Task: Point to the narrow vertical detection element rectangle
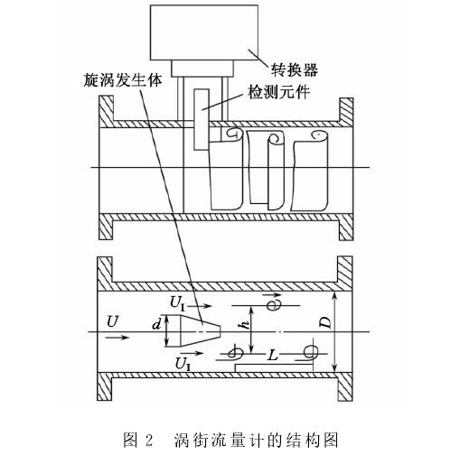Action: (x=200, y=116)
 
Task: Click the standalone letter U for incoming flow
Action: (x=111, y=321)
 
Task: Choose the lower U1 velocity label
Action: (x=181, y=363)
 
